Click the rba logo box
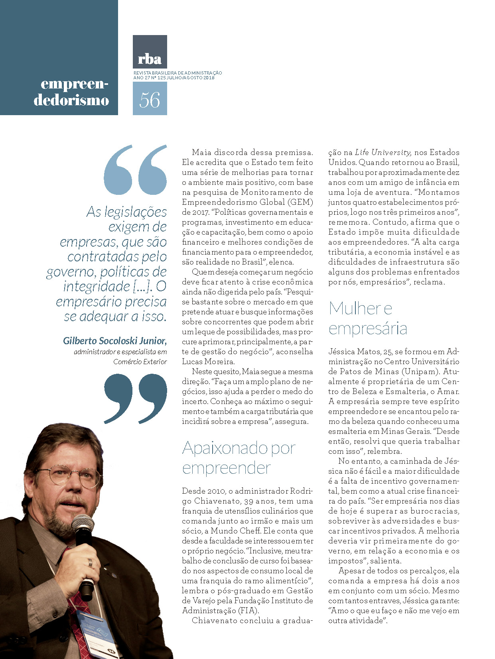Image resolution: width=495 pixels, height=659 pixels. pyautogui.click(x=150, y=52)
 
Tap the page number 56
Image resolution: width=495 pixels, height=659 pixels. pyautogui.click(x=150, y=99)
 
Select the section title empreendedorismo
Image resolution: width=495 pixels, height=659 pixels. pyautogui.click(x=72, y=92)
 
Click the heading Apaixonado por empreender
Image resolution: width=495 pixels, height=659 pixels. pyautogui.click(x=239, y=458)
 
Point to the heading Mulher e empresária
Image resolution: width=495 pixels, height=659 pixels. pyautogui.click(x=367, y=318)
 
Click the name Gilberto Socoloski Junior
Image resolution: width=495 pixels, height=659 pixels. pyautogui.click(x=114, y=341)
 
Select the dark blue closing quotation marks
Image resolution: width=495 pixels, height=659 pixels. pyautogui.click(x=135, y=398)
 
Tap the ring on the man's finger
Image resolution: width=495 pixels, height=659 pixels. pyautogui.click(x=90, y=563)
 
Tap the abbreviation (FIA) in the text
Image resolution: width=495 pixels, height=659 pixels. pyautogui.click(x=248, y=611)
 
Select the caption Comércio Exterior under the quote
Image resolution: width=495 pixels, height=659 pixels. pyautogui.click(x=140, y=362)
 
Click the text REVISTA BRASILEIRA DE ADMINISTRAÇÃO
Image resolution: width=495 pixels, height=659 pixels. pyautogui.click(x=177, y=73)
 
